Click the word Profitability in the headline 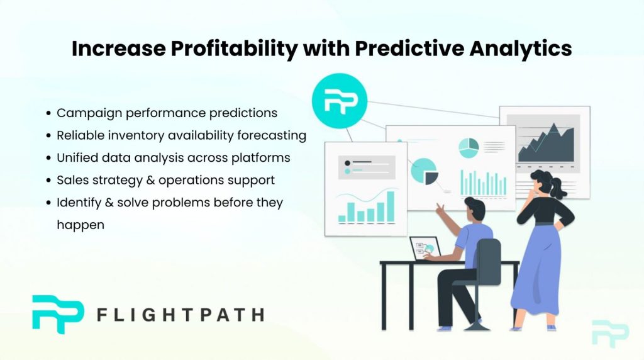click(x=234, y=48)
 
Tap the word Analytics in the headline click(x=520, y=48)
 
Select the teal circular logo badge click(x=340, y=101)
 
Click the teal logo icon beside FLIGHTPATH click(x=58, y=314)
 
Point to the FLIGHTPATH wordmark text click(x=180, y=315)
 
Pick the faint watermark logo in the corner click(x=610, y=333)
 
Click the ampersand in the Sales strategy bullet click(x=150, y=180)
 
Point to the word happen click(x=80, y=225)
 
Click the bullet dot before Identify click(x=48, y=203)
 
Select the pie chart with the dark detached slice click(x=425, y=172)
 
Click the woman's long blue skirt click(x=537, y=271)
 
